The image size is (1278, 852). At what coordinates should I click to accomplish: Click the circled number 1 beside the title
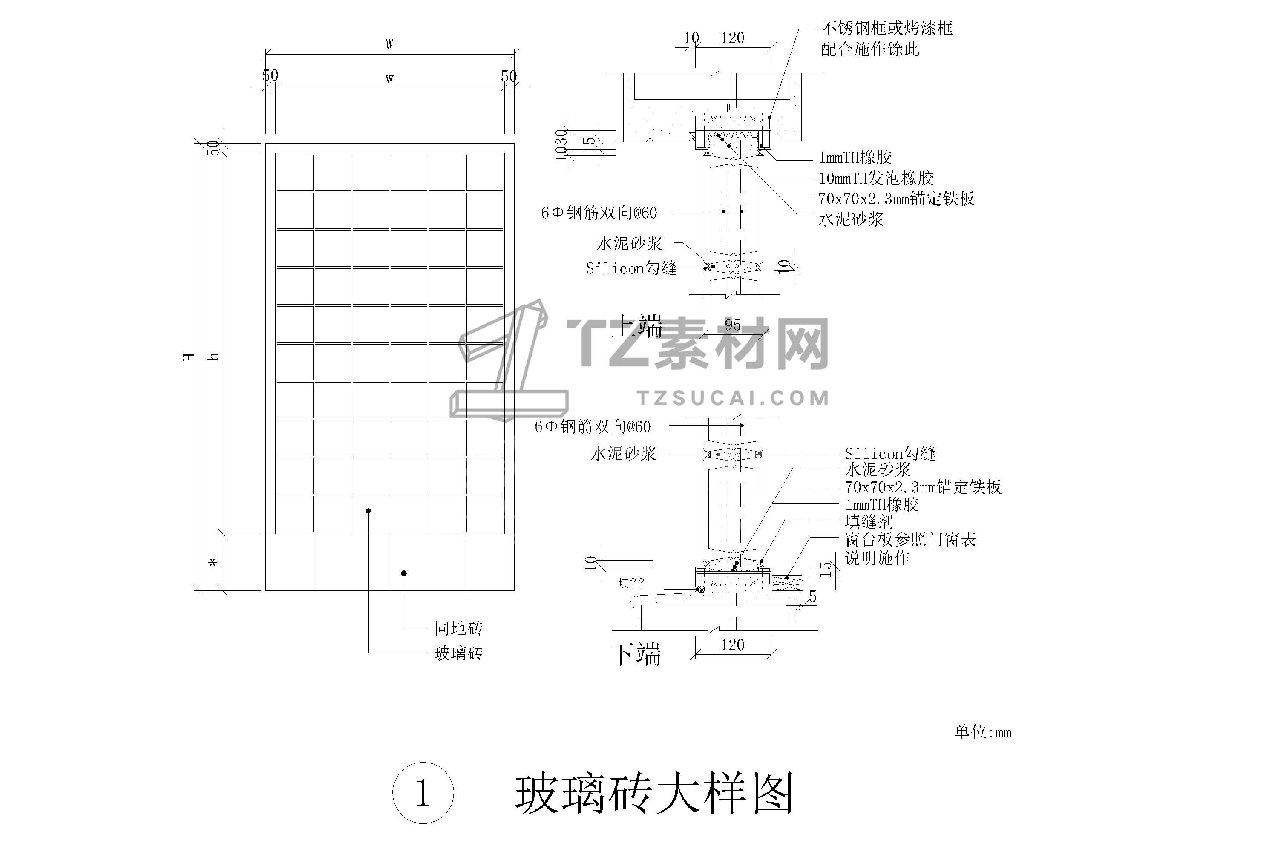coord(423,794)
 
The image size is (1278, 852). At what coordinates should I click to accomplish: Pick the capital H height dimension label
coord(189,357)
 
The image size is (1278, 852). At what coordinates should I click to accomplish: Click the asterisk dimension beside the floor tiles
coord(213,563)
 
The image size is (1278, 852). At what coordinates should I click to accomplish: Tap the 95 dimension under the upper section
coord(732,325)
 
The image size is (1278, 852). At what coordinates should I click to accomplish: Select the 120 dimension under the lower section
coord(732,645)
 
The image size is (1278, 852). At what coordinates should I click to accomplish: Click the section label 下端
coord(636,655)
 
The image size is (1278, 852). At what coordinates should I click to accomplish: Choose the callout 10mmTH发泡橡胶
coord(875,178)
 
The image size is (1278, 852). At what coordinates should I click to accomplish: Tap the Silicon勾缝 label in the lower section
coord(889,453)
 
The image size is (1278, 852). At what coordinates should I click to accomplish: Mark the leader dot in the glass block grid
coord(368,511)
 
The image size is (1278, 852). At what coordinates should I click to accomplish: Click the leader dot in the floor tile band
coord(404,573)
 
